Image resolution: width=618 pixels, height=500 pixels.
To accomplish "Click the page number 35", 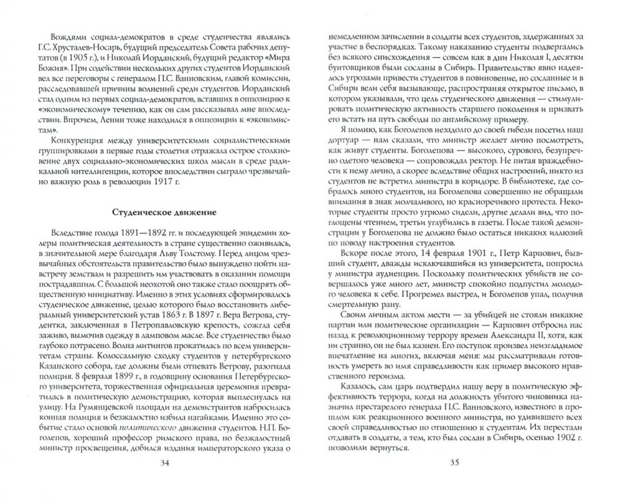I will click(454, 461).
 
